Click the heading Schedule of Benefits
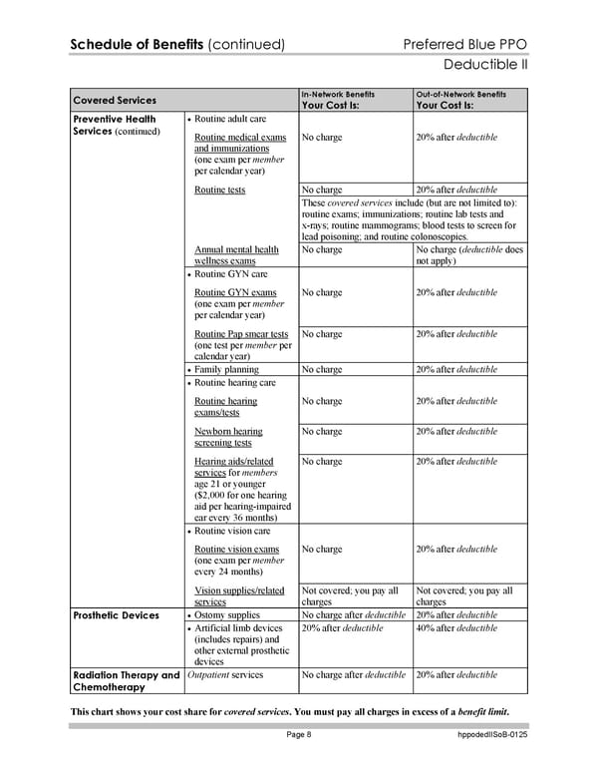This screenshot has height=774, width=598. point(136,45)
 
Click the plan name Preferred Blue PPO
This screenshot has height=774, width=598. point(465,45)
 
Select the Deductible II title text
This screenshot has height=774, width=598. point(484,66)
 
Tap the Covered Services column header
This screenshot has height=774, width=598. point(114,100)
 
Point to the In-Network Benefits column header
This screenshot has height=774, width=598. point(338,94)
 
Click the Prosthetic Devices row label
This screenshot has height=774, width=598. point(116,615)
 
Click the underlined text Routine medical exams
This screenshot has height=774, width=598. point(240,137)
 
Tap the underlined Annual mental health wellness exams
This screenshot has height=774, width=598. point(236,255)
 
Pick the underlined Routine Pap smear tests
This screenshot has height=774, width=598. point(241,334)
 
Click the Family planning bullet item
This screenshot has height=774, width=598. point(229,370)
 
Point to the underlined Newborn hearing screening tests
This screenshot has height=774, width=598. point(228,437)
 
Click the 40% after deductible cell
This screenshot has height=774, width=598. point(455,628)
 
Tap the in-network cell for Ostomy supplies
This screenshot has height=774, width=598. point(353,615)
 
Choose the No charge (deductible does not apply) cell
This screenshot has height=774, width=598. point(468,255)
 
